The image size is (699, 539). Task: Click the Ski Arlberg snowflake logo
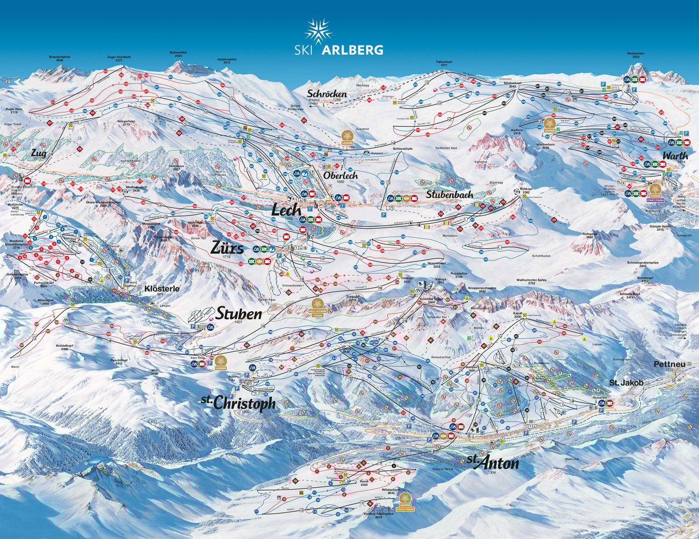tap(319, 32)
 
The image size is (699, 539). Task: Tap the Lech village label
tap(286, 210)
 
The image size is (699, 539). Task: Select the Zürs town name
tap(227, 248)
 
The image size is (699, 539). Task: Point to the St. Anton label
tap(493, 463)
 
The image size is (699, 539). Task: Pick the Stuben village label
tap(239, 313)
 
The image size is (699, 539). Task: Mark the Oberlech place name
tap(341, 176)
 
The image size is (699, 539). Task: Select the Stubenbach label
tap(449, 195)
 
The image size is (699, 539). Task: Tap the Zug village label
tap(38, 153)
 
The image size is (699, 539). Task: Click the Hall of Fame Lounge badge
tap(319, 305)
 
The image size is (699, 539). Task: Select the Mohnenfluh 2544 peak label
tap(178, 53)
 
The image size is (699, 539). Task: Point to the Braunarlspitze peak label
tap(59, 58)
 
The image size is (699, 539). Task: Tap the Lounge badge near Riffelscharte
tap(405, 499)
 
